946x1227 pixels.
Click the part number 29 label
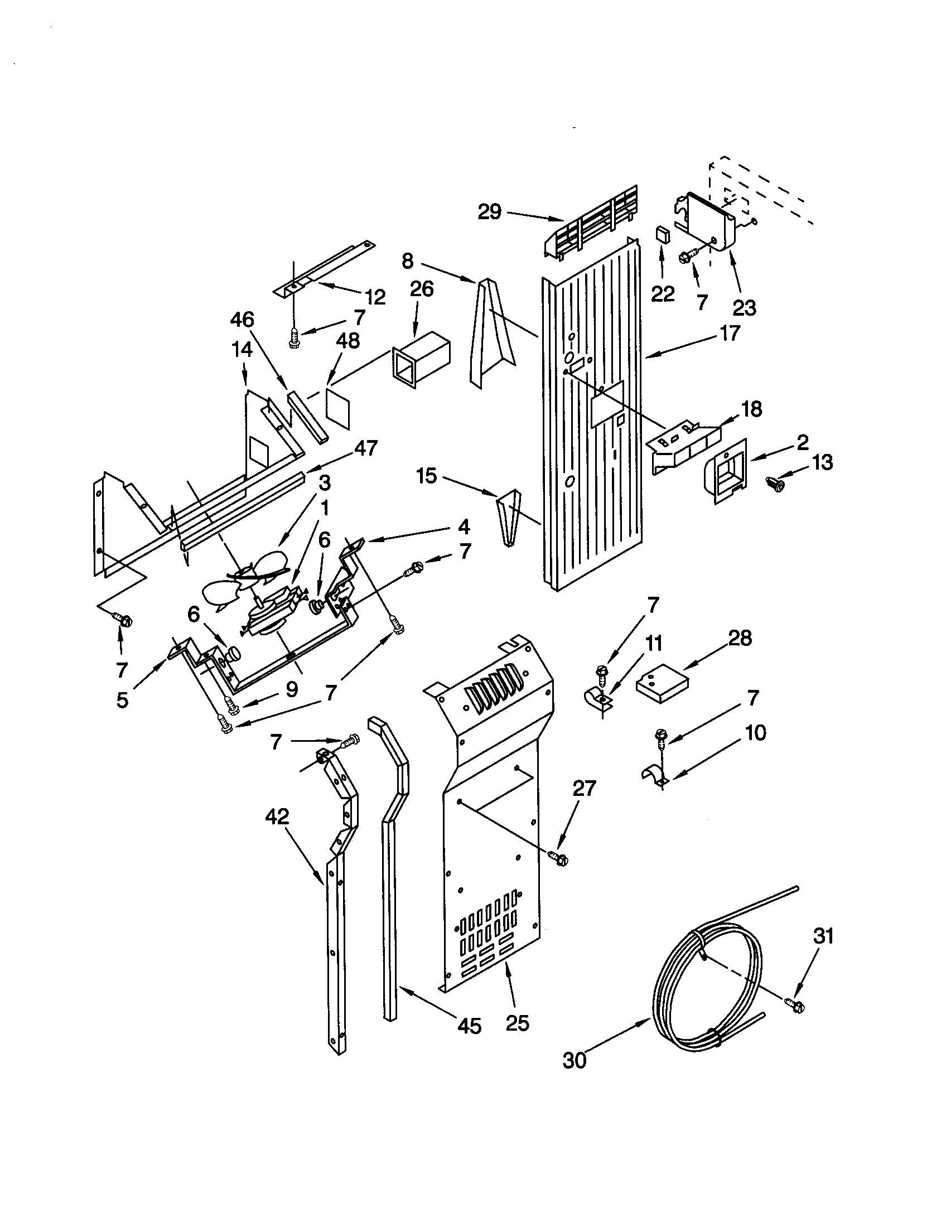coord(489,212)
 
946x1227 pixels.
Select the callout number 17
coord(729,333)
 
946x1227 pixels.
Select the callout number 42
coord(277,816)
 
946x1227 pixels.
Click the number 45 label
coord(469,1026)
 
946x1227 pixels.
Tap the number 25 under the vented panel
coord(517,1022)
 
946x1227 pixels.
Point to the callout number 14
coord(242,350)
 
